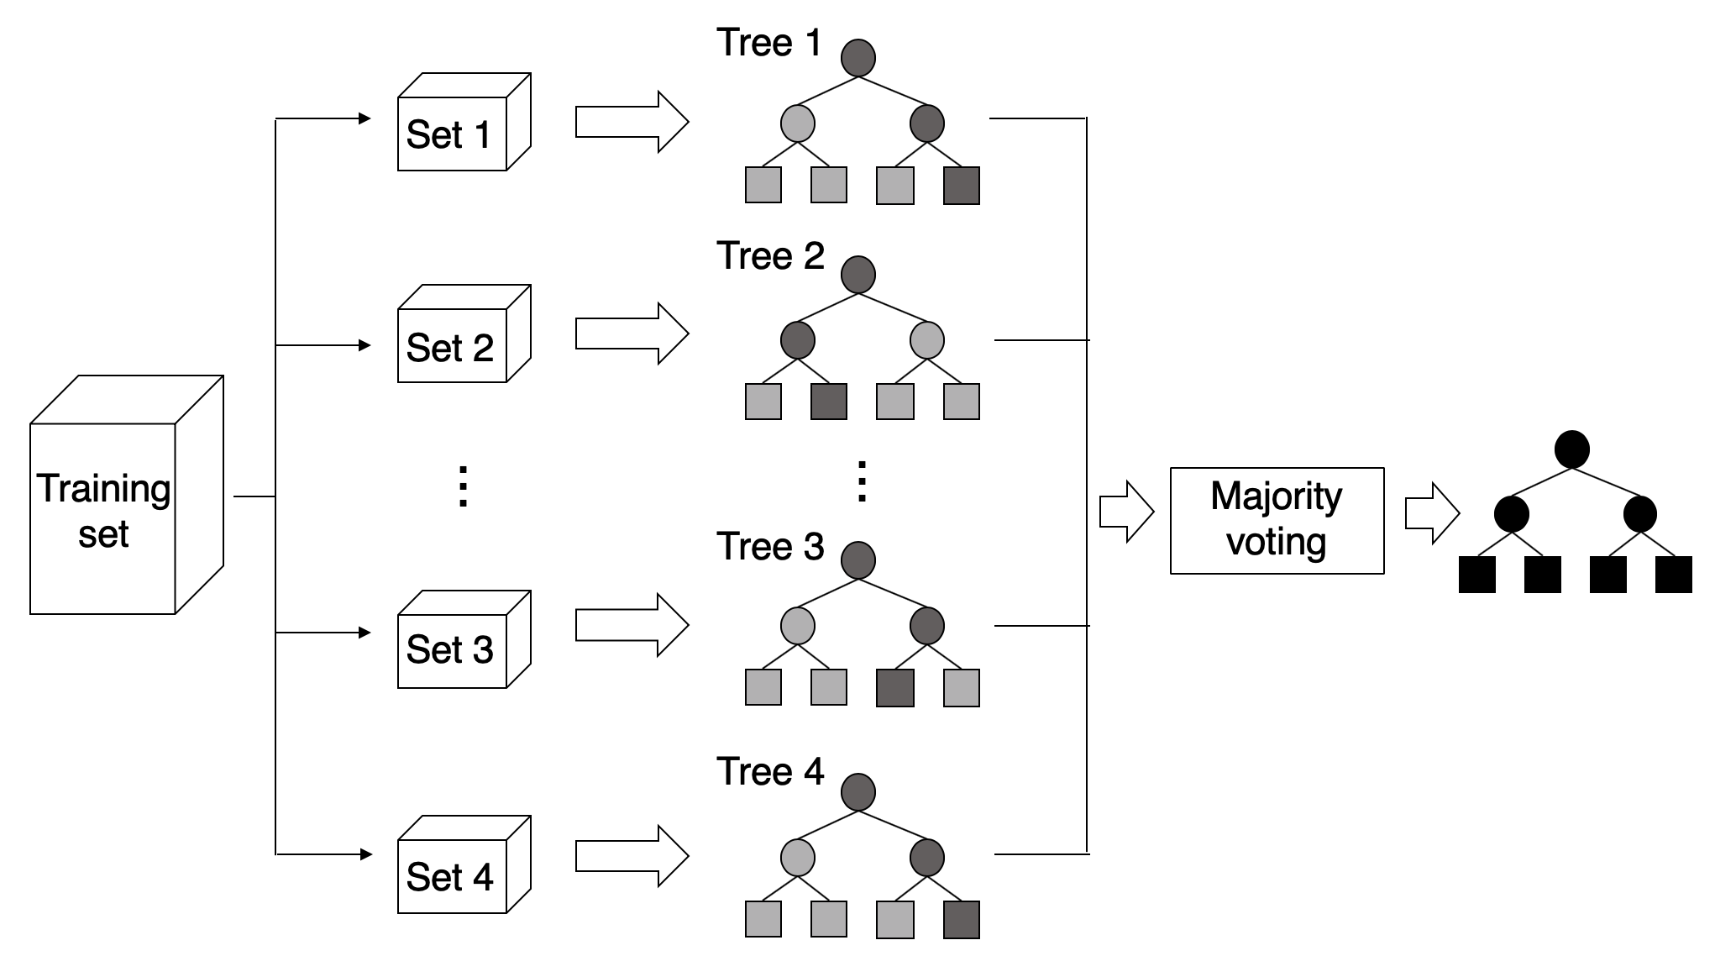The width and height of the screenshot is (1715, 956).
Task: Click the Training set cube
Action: [126, 495]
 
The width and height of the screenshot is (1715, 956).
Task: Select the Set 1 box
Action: [464, 122]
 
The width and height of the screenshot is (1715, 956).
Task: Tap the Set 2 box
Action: [464, 334]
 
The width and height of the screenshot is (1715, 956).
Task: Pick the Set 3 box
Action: [464, 639]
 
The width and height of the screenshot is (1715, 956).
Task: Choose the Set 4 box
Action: [464, 864]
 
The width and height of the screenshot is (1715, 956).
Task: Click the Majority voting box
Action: [1277, 521]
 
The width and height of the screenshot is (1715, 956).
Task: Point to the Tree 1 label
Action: [769, 43]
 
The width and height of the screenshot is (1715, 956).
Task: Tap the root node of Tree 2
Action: [858, 275]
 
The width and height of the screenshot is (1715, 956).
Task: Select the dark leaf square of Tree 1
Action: [962, 186]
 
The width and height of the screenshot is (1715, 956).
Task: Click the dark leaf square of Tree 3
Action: [895, 688]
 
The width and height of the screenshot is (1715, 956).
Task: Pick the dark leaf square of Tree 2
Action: [829, 402]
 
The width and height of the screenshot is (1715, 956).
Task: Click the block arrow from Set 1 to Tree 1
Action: [632, 122]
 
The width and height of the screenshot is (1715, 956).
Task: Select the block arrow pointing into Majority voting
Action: [1127, 512]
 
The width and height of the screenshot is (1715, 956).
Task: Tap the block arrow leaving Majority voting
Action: [1433, 513]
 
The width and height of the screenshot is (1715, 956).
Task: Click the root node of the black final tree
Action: [1572, 449]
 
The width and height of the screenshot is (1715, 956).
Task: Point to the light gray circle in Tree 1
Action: [798, 123]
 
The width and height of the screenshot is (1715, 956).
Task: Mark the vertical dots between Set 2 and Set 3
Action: [462, 486]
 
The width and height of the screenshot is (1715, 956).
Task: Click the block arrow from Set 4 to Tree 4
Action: [632, 856]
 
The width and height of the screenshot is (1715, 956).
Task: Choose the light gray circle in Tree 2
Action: [927, 340]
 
